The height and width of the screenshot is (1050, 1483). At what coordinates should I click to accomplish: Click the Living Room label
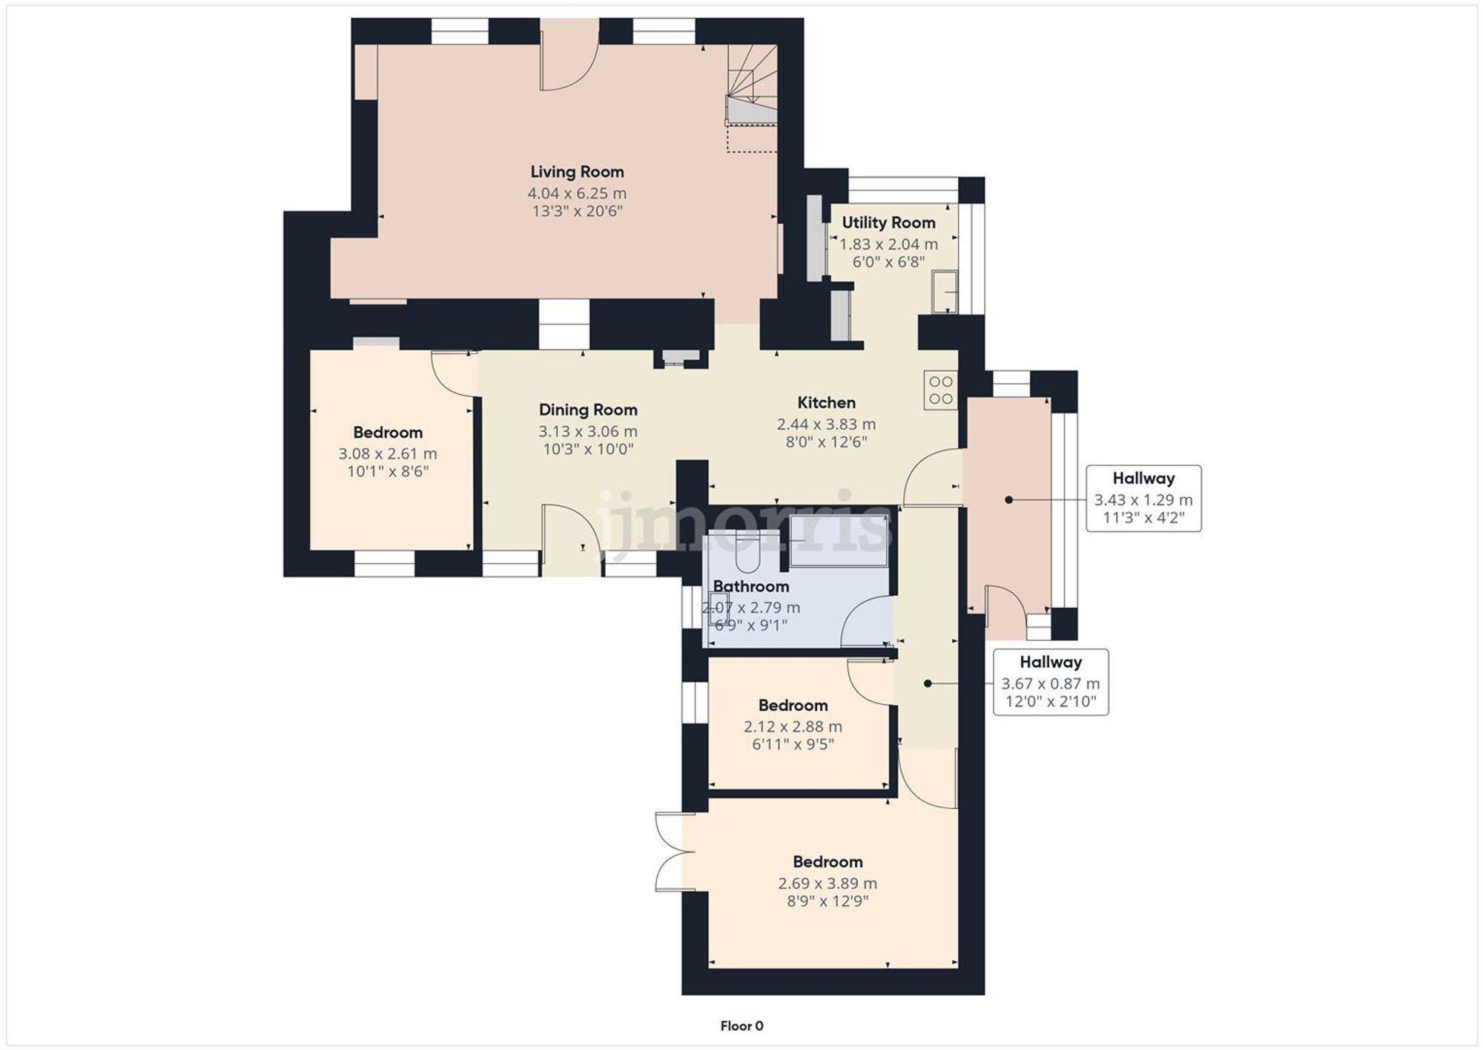tap(577, 172)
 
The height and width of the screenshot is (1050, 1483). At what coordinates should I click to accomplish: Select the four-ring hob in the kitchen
tap(941, 390)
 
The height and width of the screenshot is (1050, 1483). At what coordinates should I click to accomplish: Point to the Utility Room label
tap(888, 223)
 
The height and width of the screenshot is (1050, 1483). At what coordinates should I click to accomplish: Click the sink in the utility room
tap(945, 291)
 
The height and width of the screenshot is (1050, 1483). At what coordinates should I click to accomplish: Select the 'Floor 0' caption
tap(741, 1026)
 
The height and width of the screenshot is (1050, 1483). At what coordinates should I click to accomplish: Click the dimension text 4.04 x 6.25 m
tap(577, 194)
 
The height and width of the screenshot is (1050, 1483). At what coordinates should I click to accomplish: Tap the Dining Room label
tap(588, 410)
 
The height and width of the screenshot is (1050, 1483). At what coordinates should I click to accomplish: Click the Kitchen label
tap(826, 403)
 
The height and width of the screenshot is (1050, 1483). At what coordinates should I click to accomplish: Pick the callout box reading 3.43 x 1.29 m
tap(1143, 499)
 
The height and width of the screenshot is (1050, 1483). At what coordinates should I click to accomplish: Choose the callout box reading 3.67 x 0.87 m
tap(1051, 683)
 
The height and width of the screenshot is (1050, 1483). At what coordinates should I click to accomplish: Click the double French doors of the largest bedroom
tap(671, 851)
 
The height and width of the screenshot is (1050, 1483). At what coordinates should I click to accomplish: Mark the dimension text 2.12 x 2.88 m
tap(793, 727)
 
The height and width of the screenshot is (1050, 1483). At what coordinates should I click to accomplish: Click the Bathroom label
tap(750, 586)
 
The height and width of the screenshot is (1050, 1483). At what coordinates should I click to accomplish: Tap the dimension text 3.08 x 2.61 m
tap(387, 453)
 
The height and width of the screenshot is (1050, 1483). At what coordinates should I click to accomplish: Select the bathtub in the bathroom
tap(838, 540)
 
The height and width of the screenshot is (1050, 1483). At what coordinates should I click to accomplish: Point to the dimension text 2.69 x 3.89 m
tap(827, 884)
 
